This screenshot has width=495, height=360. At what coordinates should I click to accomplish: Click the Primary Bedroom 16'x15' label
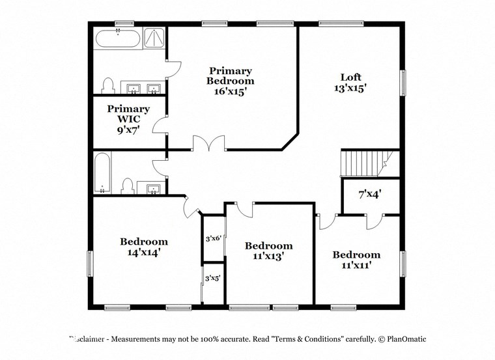(x=230, y=81)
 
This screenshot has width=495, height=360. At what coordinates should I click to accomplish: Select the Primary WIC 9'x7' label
(x=128, y=119)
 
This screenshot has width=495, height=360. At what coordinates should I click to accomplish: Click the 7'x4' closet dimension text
(x=369, y=194)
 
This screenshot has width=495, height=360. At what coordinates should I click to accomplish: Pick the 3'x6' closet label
(x=214, y=238)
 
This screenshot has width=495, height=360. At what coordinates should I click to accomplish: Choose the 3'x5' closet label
(x=213, y=278)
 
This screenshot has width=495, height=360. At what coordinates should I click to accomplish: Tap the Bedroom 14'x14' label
(x=143, y=246)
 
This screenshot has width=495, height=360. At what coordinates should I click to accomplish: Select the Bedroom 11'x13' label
(x=268, y=251)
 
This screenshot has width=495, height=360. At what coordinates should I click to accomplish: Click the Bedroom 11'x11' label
(x=356, y=259)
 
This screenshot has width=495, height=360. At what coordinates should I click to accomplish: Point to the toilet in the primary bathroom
(x=108, y=85)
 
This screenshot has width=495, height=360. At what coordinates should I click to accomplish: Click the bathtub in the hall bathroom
(x=102, y=172)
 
